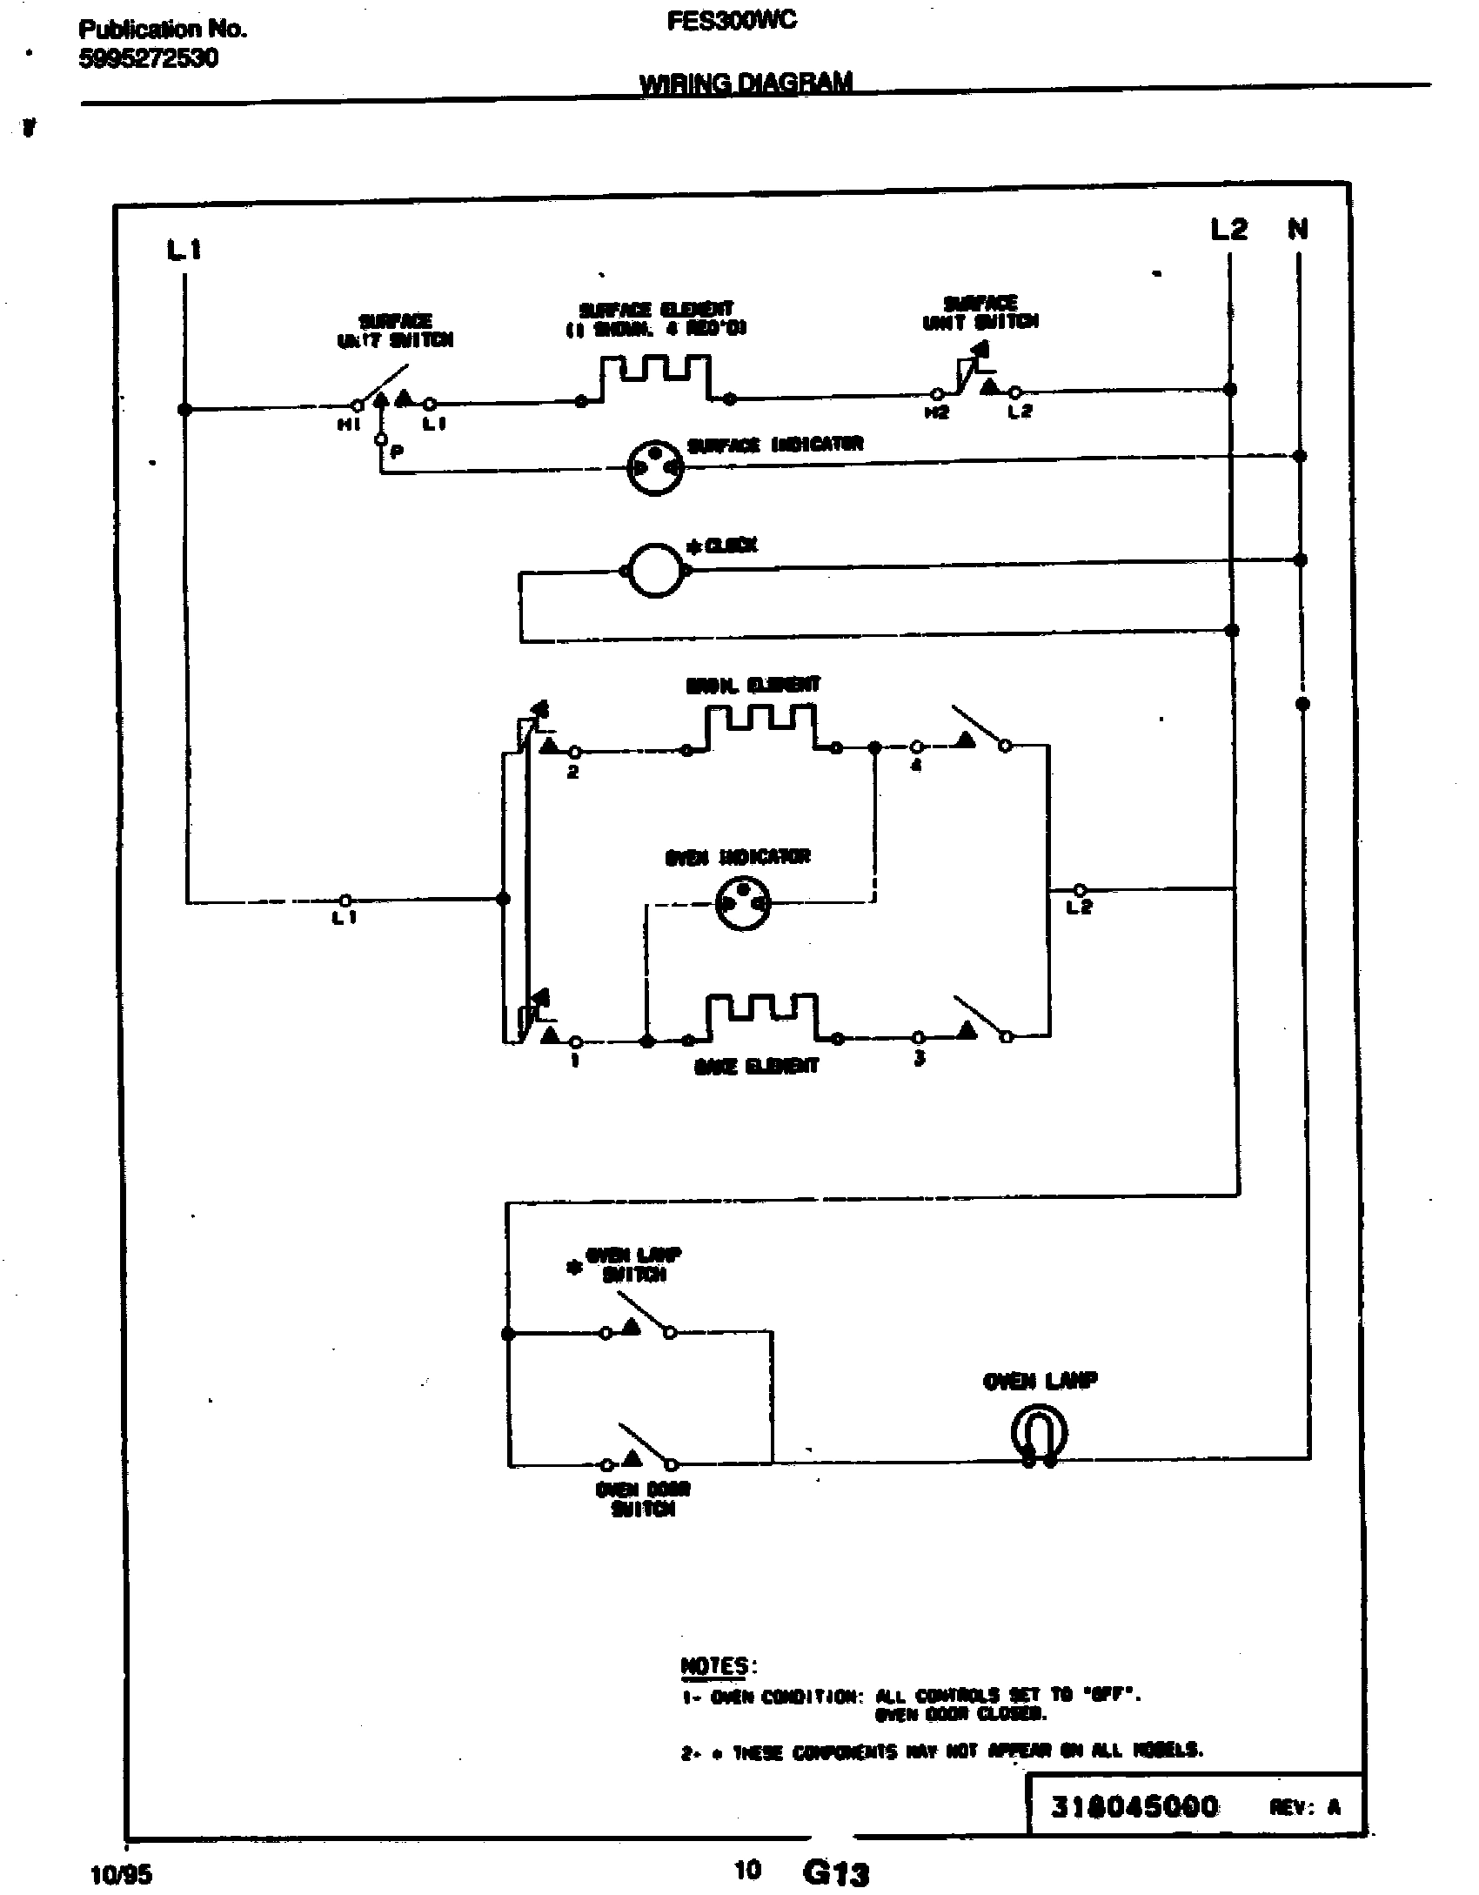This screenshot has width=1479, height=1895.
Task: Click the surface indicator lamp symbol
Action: (656, 469)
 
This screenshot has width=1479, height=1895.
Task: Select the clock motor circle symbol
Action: (655, 571)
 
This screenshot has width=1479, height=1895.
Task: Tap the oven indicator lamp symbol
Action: (742, 905)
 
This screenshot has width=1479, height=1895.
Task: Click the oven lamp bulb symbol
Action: (1039, 1433)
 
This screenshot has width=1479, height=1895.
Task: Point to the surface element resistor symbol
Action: (655, 378)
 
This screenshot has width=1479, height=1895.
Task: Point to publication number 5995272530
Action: (149, 59)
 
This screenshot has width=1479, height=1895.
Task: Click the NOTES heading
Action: (715, 1666)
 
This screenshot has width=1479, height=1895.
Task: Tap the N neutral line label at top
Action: (1297, 230)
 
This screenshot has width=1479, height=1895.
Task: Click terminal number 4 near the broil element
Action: (916, 767)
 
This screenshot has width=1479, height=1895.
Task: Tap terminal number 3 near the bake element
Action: (919, 1058)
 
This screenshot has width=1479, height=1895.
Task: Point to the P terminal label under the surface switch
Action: (396, 452)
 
